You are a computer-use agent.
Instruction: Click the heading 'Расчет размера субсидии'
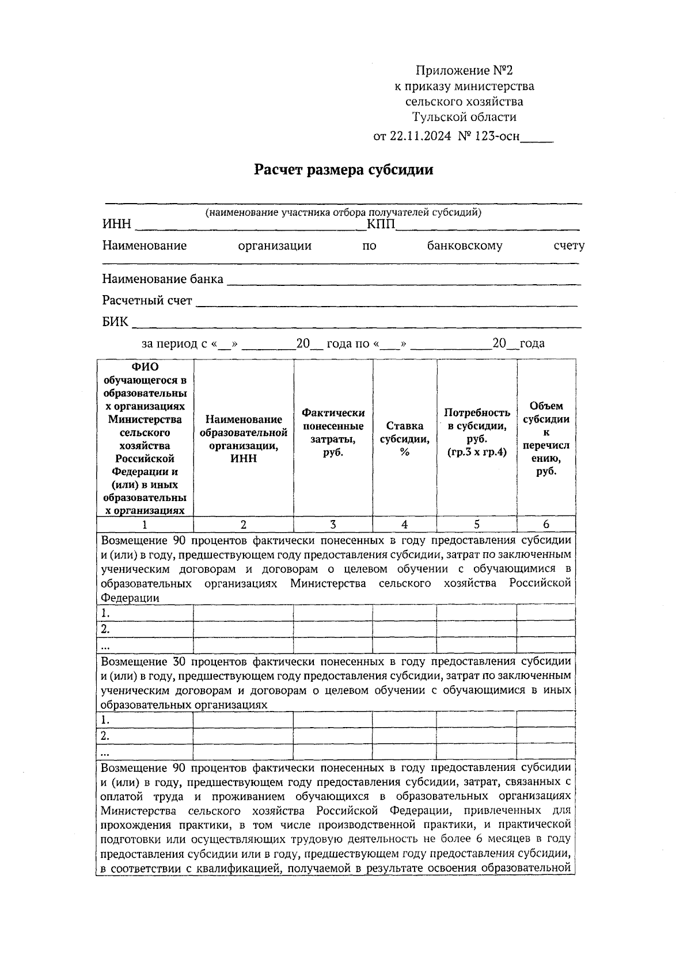click(x=344, y=170)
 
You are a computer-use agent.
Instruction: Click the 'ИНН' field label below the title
click(x=117, y=224)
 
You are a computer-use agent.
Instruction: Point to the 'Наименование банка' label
click(x=163, y=280)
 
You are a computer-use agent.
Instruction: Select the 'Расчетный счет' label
click(x=147, y=301)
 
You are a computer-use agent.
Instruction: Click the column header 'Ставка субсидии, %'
click(x=405, y=438)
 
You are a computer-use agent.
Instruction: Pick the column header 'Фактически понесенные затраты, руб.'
click(x=333, y=432)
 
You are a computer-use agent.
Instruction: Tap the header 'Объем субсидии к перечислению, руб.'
click(x=546, y=438)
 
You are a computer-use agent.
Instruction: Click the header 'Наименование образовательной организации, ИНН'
click(x=244, y=438)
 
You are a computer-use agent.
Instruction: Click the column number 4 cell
click(x=405, y=525)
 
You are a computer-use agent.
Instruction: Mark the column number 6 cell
click(x=546, y=525)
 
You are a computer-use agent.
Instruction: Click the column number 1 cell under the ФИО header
click(x=145, y=525)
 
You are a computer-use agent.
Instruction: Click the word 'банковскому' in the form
click(x=465, y=246)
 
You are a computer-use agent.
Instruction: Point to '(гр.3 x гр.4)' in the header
click(x=477, y=452)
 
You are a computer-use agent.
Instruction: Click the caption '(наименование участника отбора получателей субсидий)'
click(x=344, y=212)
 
